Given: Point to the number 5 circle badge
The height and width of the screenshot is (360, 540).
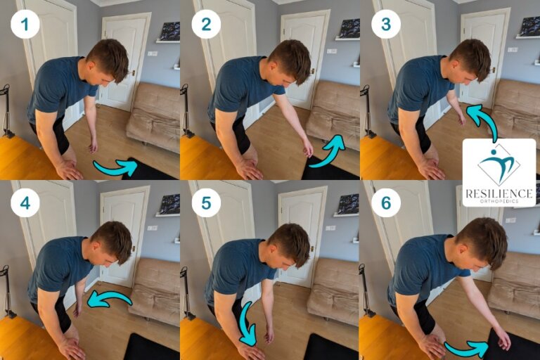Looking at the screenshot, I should [x=205, y=202].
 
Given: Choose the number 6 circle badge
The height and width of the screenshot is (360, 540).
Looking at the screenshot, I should [x=385, y=202].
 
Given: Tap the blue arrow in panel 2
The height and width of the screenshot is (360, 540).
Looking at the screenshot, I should [x=328, y=152].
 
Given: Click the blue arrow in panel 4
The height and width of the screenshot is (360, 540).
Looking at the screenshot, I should [x=109, y=300].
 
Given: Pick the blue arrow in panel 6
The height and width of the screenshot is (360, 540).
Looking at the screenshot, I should [x=466, y=347].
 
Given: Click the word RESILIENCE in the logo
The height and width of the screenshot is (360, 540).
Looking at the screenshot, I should [x=499, y=192].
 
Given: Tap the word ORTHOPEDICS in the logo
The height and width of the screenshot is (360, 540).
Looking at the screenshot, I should [x=499, y=201].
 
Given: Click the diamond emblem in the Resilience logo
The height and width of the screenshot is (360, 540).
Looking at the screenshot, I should [x=499, y=165].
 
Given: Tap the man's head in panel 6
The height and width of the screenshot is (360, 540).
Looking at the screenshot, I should [x=481, y=242].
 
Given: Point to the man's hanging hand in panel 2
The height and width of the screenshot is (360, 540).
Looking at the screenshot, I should [x=307, y=147].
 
